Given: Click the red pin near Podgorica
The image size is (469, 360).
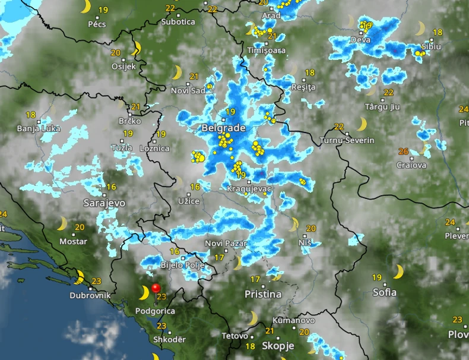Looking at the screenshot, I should pos(156,289).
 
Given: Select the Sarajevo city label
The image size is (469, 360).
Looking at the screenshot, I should pos(104,203).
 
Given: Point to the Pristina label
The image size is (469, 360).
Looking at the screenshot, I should pos(263,294).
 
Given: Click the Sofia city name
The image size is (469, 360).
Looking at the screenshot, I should pos(384,292).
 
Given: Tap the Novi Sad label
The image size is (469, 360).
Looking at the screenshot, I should pos(188,90).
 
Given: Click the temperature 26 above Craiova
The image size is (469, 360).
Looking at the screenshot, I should pos(404,151).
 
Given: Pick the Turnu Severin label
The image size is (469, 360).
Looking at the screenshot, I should pos(347,140).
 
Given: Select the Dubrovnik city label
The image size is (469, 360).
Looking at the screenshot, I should pos(90,295).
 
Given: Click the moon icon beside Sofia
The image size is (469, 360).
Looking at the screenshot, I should pos(398,271).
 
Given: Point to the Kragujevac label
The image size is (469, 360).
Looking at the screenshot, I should pos(249,189).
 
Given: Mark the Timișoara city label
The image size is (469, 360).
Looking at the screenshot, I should pos(267,50).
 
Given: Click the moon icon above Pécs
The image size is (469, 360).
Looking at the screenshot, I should pos(86,7).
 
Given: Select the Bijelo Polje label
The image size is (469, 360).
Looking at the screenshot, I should pos(183,265).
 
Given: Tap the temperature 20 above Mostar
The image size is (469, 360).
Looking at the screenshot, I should pos(80,227).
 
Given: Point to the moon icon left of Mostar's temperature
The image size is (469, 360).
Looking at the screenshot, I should pos(62,223).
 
